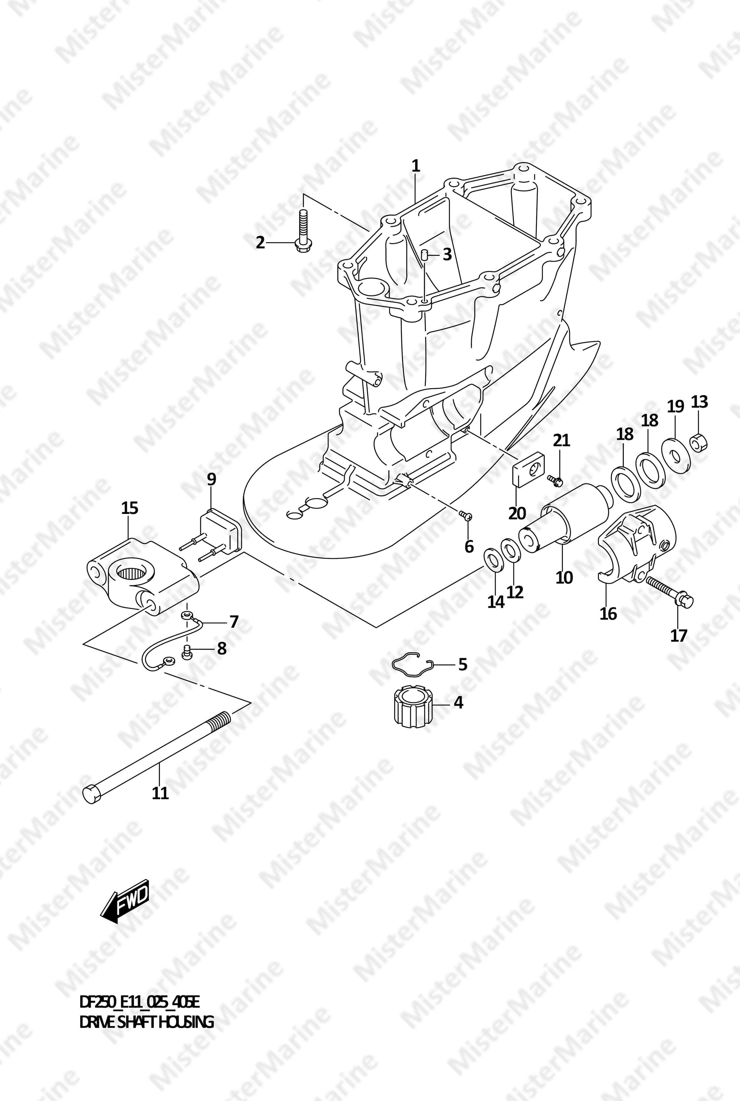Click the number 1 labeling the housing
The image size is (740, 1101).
pyautogui.click(x=415, y=166)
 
